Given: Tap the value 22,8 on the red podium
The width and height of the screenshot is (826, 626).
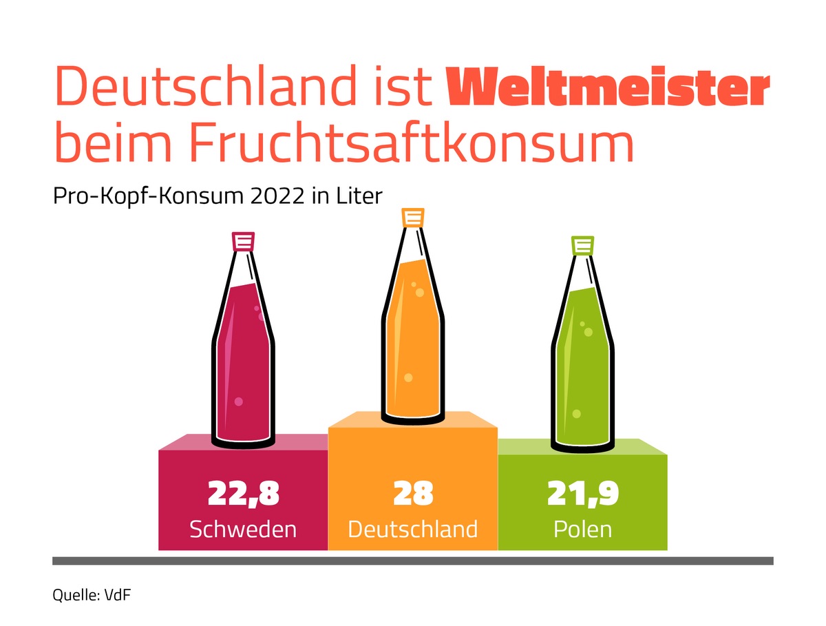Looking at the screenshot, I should [x=243, y=493].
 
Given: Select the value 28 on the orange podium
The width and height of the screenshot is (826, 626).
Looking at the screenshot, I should [x=413, y=493].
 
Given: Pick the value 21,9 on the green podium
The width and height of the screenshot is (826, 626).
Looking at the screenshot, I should [x=582, y=493].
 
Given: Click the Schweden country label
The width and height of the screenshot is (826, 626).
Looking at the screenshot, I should [x=243, y=529].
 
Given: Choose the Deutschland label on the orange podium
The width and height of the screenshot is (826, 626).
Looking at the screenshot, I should [x=413, y=529].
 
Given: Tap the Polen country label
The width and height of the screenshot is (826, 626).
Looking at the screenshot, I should [x=582, y=529].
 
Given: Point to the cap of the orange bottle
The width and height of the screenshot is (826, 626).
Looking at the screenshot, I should [x=412, y=218].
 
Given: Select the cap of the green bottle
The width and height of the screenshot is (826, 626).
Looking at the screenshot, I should [x=582, y=246].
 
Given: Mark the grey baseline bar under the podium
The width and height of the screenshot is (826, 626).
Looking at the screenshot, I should [x=413, y=561].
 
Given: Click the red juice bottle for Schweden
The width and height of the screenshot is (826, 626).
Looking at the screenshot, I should [x=243, y=358].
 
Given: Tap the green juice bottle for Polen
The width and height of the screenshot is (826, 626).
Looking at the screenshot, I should [x=582, y=365].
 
